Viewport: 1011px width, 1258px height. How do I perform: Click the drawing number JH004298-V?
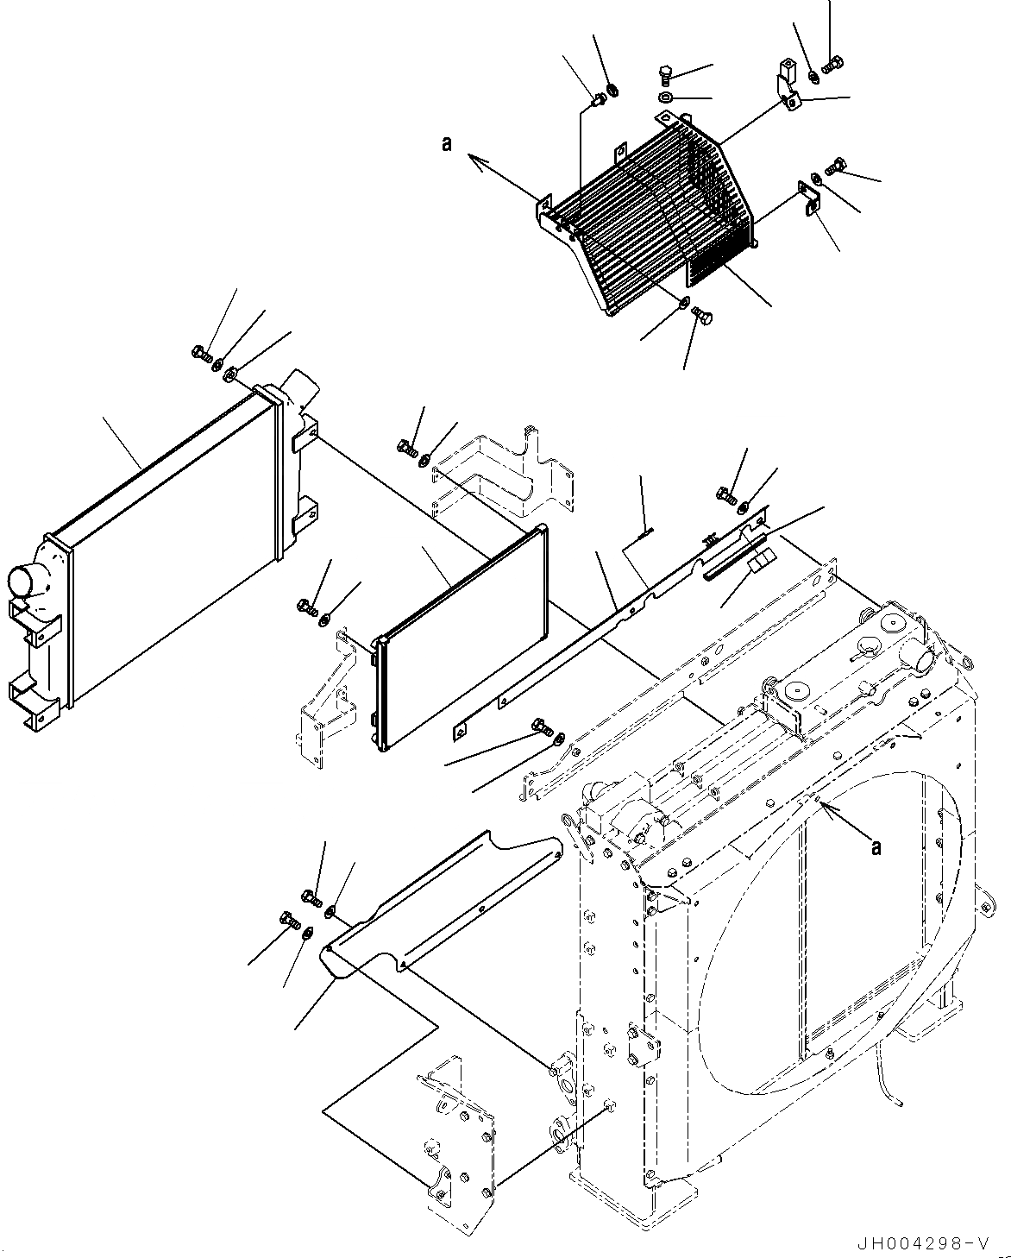tap(921, 1243)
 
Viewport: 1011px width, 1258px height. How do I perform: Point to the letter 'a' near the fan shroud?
tap(876, 848)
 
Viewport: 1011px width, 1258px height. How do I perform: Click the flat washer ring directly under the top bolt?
tap(666, 97)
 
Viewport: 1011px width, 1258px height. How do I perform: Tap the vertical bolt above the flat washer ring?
tap(665, 73)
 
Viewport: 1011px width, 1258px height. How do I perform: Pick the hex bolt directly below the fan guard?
tap(700, 319)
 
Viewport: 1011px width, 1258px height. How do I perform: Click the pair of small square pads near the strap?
tap(757, 563)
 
